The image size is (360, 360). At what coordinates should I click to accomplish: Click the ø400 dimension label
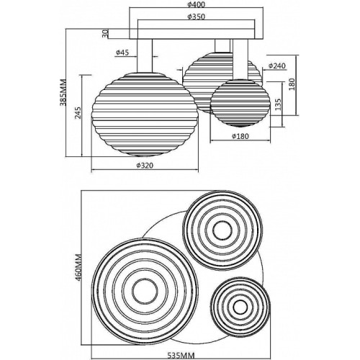(196, 4)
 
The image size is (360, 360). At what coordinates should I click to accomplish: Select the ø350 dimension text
(196, 17)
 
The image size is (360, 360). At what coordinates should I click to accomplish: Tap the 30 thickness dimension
(105, 34)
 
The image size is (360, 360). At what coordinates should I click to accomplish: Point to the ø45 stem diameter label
(122, 52)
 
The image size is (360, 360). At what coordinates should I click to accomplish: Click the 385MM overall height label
(63, 92)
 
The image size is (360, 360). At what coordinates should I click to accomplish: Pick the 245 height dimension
(78, 113)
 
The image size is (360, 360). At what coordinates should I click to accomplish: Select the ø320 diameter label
(145, 166)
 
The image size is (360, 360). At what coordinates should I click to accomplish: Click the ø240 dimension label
(277, 66)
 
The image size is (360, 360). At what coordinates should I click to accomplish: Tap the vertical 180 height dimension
(292, 84)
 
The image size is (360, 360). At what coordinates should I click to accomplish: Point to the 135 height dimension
(278, 104)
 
